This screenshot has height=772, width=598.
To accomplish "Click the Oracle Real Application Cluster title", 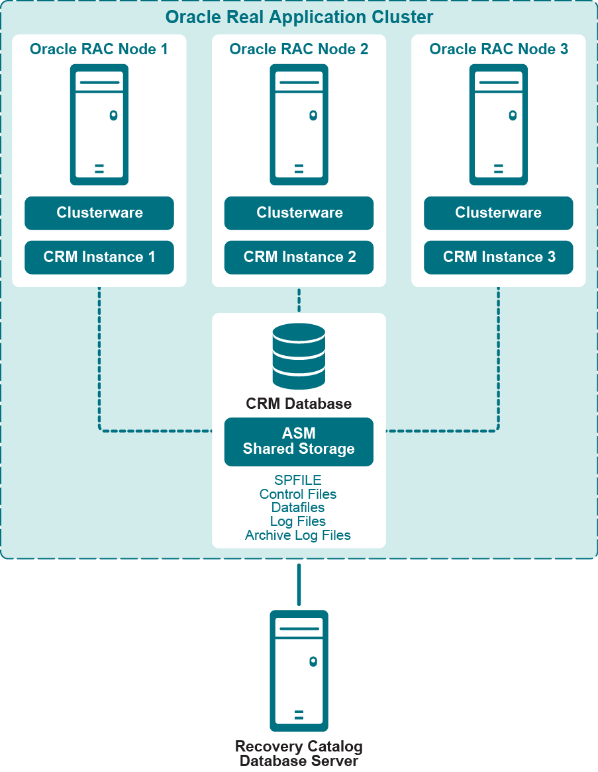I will pos(299,17).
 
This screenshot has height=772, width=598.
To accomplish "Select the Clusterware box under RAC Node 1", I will pos(99,213).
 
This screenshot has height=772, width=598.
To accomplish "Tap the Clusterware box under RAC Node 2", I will pos(299,213).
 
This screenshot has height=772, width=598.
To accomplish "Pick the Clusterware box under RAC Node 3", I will pos(498,213).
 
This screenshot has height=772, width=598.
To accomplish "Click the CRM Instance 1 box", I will pos(99,257).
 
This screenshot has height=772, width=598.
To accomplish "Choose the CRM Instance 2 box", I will pos(299,257).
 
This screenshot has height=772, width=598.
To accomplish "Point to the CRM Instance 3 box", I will pos(498,257).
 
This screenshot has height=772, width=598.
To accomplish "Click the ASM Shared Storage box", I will pos(299,441).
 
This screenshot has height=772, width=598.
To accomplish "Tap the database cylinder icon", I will pos(299,356).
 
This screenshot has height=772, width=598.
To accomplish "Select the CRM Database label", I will pos(299,404).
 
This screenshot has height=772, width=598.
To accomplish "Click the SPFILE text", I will pos(298,480).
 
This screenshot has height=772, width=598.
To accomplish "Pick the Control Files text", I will pos(298,494).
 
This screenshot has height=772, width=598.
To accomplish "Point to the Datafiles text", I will pos(298,507).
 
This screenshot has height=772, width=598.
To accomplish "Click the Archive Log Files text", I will pos(298,535).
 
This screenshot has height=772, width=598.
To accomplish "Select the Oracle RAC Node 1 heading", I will pos(99,49).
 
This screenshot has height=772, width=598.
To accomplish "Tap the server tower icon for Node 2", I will pos(299,124).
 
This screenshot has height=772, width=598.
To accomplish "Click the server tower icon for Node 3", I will pos(499,124).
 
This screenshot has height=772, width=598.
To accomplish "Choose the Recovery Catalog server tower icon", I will pos(299,670).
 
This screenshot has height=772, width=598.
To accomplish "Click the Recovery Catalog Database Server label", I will pos(299,753).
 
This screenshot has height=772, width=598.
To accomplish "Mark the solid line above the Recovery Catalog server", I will pos(299,584).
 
